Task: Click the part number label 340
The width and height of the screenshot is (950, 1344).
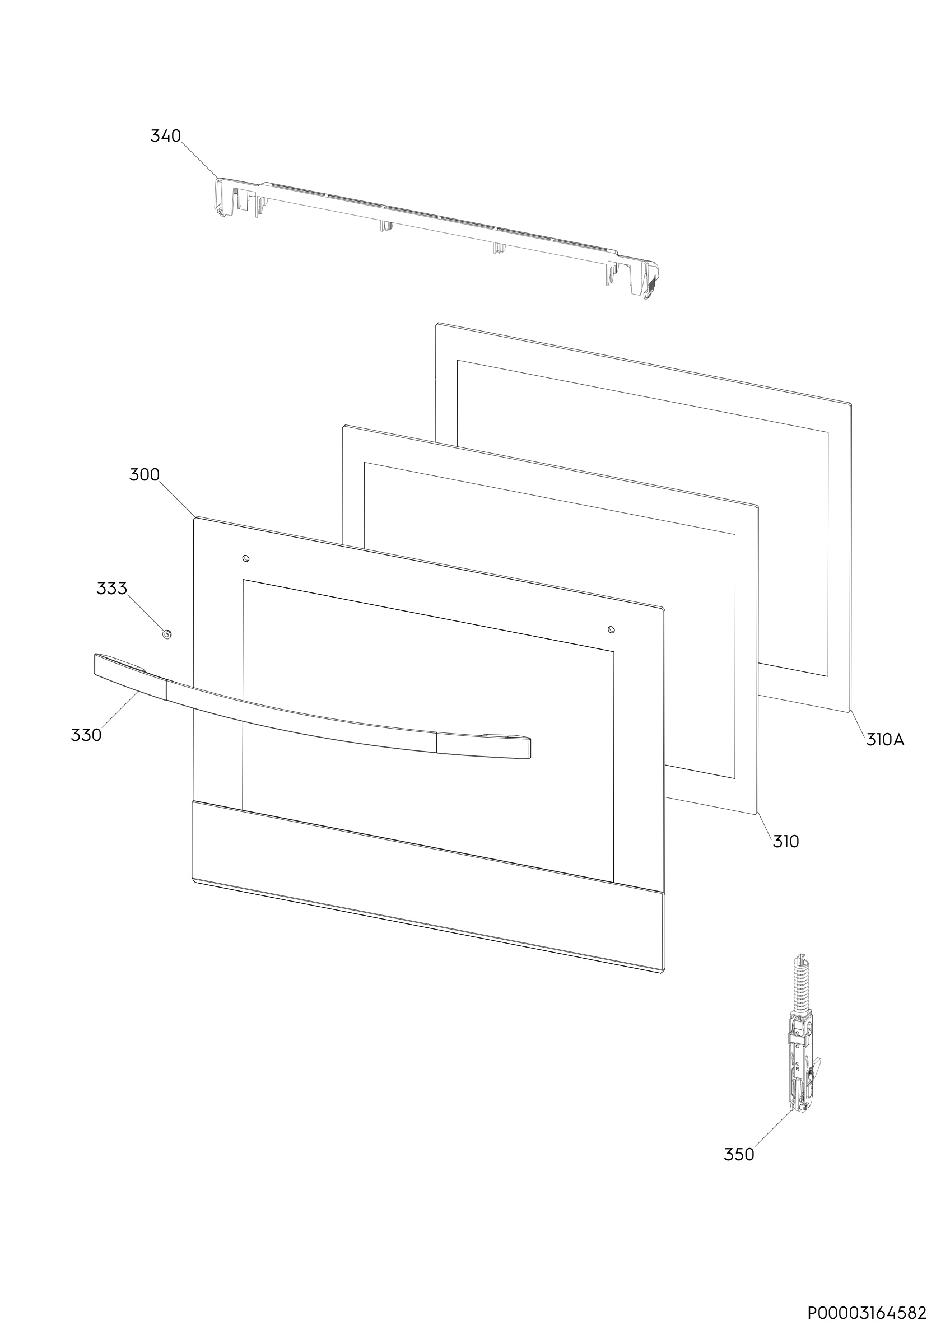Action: pyautogui.click(x=166, y=136)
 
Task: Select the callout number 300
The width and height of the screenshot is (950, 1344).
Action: pyautogui.click(x=145, y=475)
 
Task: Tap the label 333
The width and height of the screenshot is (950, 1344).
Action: pyautogui.click(x=112, y=589)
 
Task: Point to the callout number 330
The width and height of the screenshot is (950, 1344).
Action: pyautogui.click(x=86, y=735)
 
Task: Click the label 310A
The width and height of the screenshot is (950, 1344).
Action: pyautogui.click(x=885, y=740)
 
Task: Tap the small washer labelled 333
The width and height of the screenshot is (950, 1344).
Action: pyautogui.click(x=167, y=634)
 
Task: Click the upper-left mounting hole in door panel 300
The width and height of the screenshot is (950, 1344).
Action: pyautogui.click(x=246, y=558)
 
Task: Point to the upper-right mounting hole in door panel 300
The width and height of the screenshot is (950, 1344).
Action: pyautogui.click(x=612, y=629)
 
